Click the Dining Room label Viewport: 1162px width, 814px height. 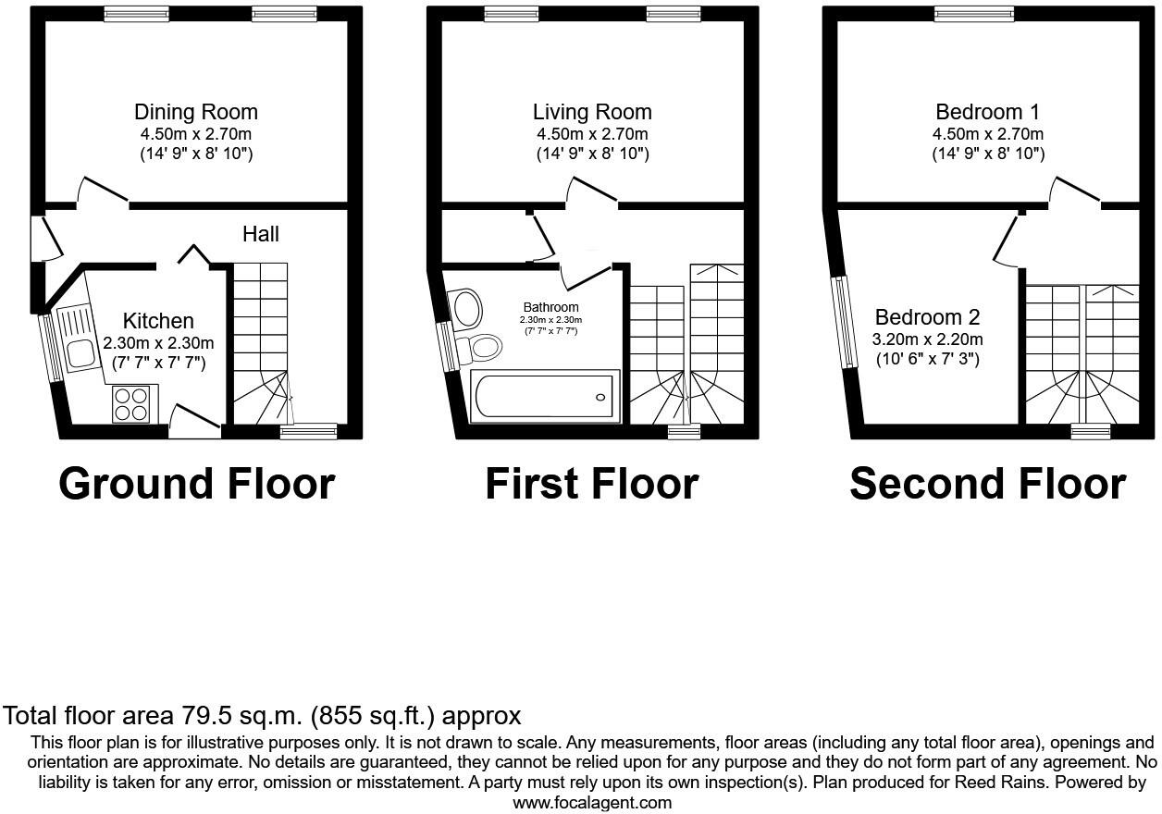195,112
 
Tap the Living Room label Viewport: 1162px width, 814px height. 592,112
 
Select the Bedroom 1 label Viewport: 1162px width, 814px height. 987,112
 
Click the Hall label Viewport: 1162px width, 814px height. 260,234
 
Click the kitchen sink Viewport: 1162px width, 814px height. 80,351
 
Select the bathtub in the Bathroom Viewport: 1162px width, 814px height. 542,397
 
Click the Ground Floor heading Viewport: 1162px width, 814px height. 196,484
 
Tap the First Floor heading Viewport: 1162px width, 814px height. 592,484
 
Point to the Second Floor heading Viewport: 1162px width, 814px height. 987,484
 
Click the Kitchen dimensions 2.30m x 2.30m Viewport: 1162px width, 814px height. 159,343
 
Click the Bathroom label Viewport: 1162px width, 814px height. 550,307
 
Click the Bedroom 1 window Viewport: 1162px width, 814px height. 974,13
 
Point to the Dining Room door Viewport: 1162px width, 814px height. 102,190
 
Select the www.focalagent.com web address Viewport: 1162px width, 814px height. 592,803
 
